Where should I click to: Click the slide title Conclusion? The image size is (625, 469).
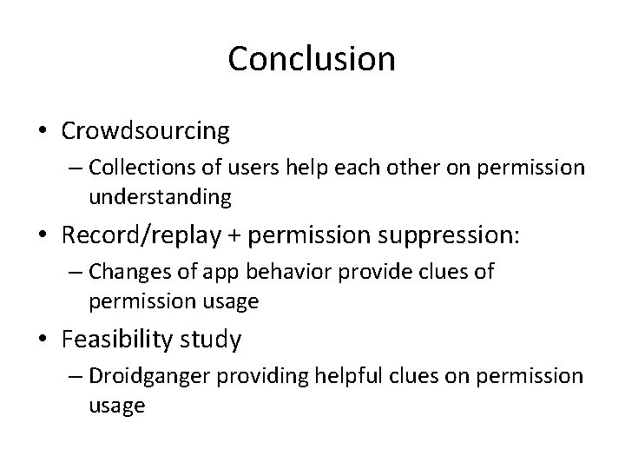point(312,59)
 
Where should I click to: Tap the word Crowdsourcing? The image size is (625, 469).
point(145,131)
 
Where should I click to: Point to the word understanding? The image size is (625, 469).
point(160,198)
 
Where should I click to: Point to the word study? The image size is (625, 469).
point(213,339)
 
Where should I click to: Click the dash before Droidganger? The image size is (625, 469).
point(76,376)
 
